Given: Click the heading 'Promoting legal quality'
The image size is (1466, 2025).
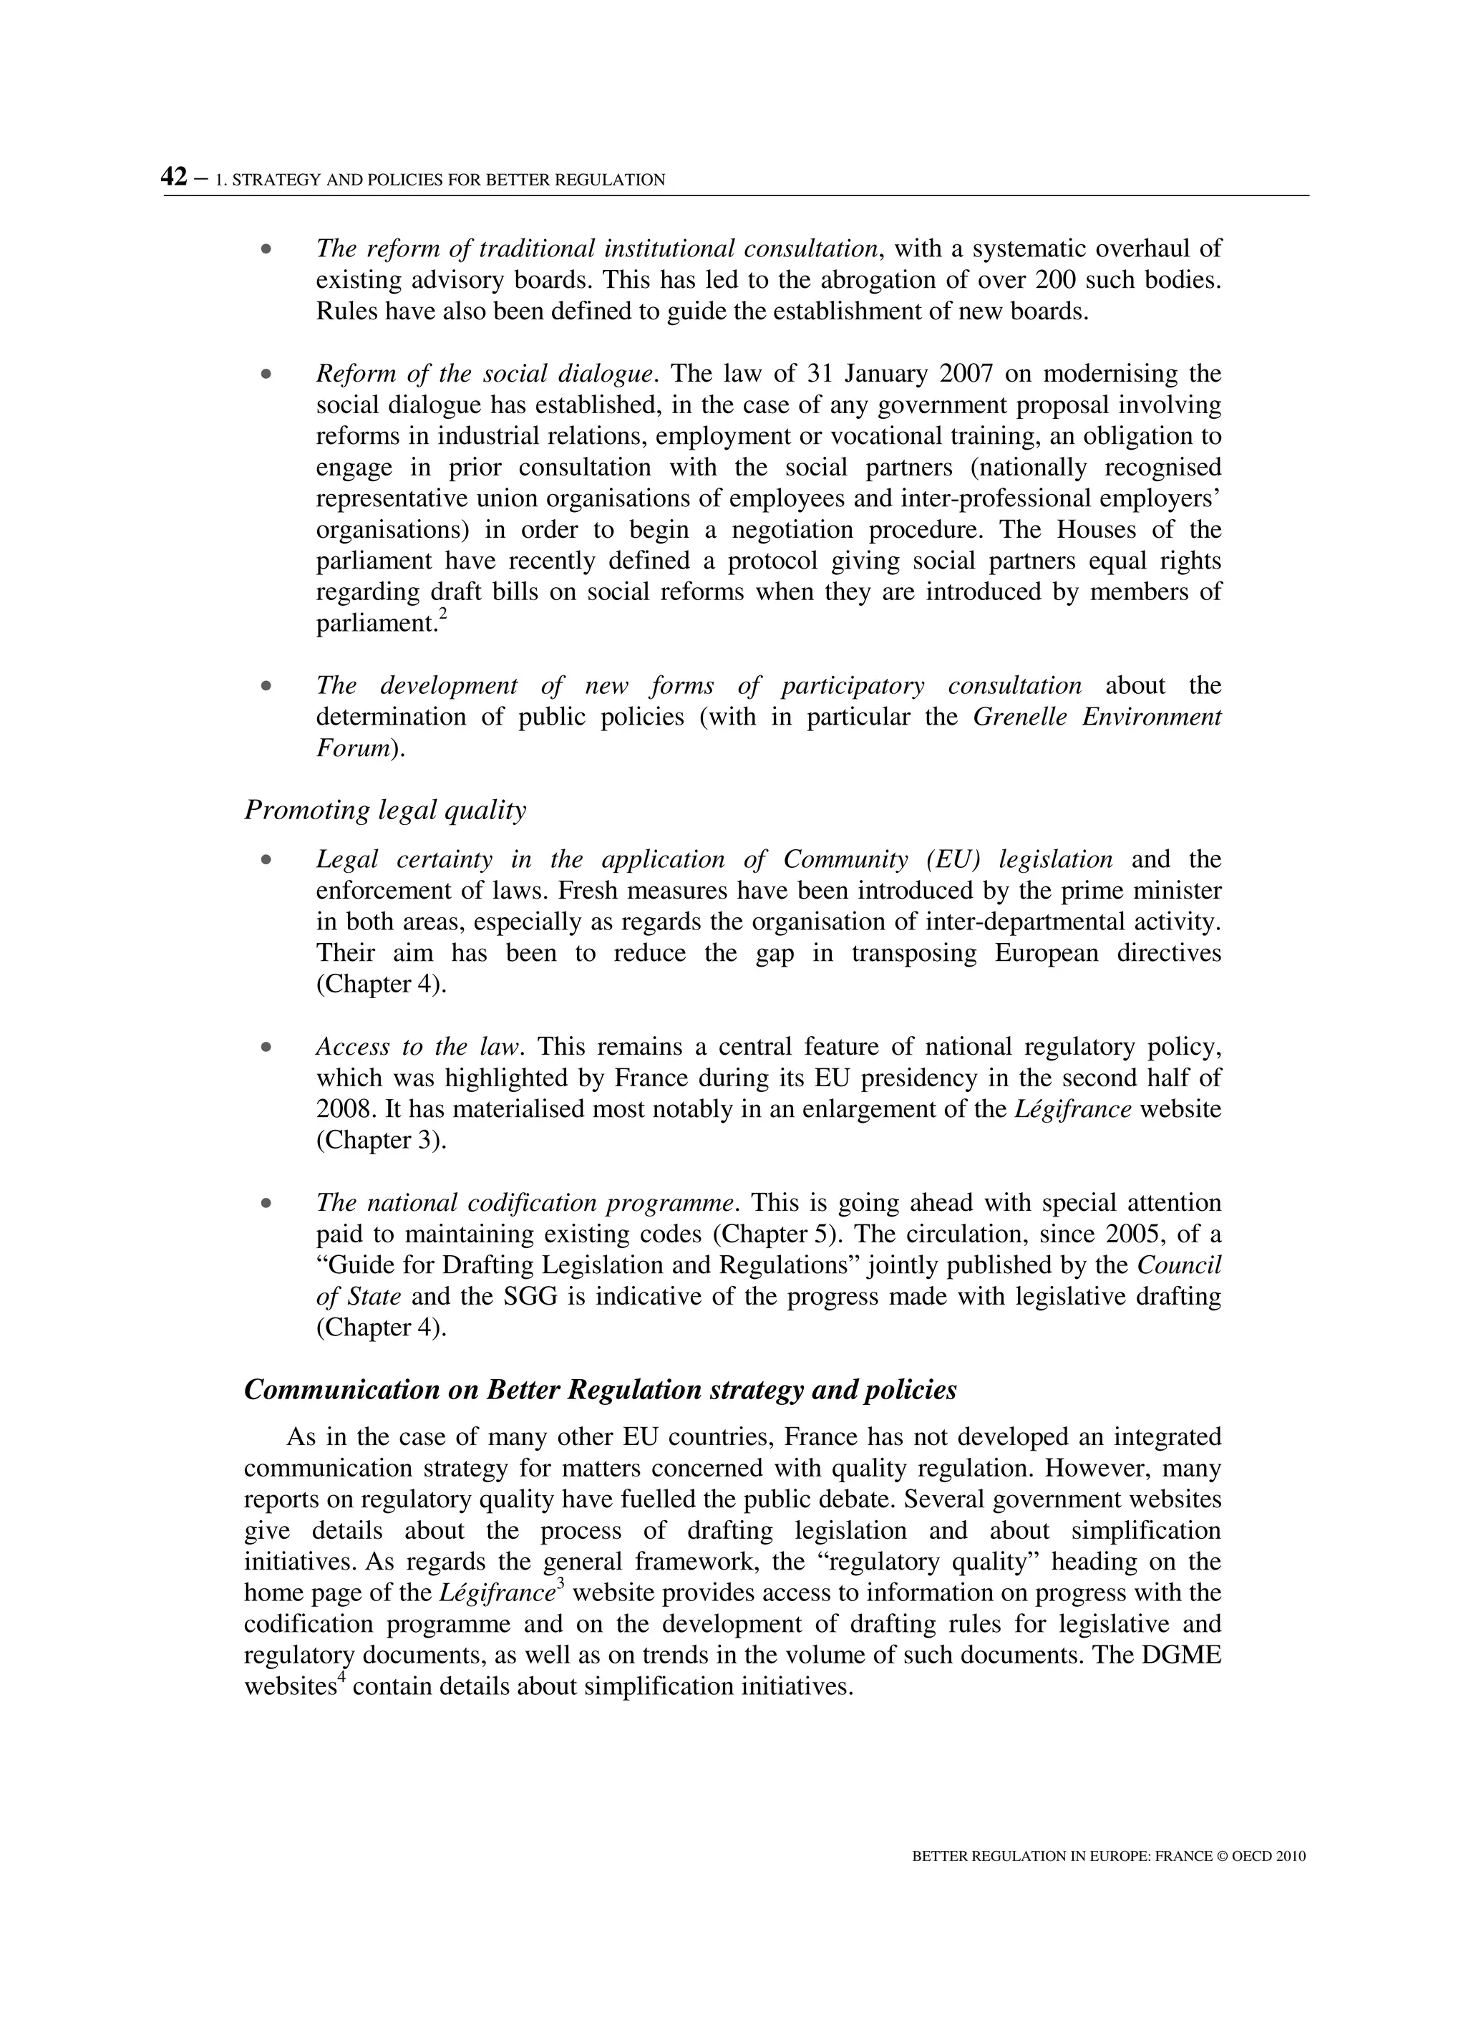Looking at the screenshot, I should pyautogui.click(x=385, y=810).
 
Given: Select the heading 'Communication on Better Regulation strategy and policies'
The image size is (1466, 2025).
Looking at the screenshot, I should pyautogui.click(x=600, y=1389).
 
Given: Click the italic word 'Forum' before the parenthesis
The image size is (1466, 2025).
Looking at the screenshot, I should pyautogui.click(x=351, y=748).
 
